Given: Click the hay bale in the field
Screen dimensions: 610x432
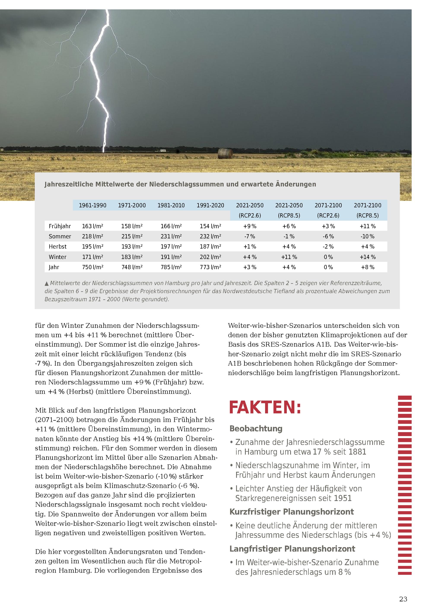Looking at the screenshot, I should click(225, 154).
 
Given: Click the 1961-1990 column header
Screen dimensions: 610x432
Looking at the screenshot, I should click(93, 205).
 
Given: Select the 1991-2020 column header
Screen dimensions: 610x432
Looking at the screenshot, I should click(210, 205).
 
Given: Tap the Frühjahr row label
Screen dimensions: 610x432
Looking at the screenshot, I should click(60, 226).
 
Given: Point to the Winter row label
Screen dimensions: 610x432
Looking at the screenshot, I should click(57, 257).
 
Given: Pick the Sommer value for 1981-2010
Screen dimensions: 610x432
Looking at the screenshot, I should click(171, 236).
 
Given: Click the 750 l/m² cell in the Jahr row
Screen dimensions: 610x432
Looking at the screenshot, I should click(93, 267).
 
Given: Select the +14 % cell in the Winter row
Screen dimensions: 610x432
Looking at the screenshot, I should click(368, 257).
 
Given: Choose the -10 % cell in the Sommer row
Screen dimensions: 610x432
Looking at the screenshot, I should click(368, 236).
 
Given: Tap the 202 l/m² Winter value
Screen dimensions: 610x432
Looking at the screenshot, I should click(210, 257).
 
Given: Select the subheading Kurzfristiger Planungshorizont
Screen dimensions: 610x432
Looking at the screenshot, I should click(292, 512).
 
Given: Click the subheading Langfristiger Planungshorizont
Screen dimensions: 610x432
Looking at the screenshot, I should click(292, 549).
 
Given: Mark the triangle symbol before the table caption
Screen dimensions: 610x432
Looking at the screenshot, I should click(47, 284).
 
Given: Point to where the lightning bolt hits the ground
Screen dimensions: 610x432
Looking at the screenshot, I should click(104, 152).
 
